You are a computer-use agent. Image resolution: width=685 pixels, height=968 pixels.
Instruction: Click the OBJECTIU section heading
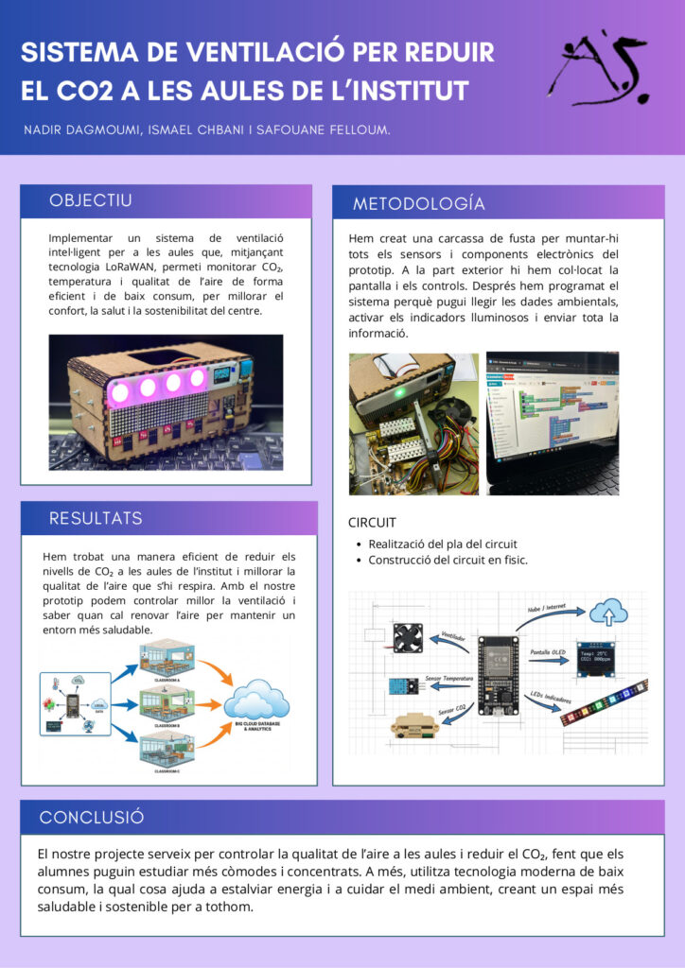click(x=91, y=200)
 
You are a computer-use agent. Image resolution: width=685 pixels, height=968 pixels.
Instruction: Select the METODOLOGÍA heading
click(x=418, y=204)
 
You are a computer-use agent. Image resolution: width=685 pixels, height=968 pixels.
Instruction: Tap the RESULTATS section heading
click(x=96, y=518)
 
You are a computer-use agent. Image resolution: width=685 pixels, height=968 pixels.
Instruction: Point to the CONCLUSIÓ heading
click(x=92, y=818)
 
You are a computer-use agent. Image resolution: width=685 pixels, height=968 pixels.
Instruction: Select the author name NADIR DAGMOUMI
click(x=81, y=129)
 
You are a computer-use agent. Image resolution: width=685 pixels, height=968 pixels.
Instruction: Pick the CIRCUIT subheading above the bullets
click(x=372, y=523)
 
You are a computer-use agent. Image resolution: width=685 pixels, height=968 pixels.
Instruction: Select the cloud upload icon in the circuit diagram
click(x=608, y=613)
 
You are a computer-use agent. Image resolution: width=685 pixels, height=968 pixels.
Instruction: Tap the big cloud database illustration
click(x=256, y=705)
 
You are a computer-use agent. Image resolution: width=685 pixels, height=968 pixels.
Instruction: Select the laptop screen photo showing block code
click(x=552, y=423)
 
